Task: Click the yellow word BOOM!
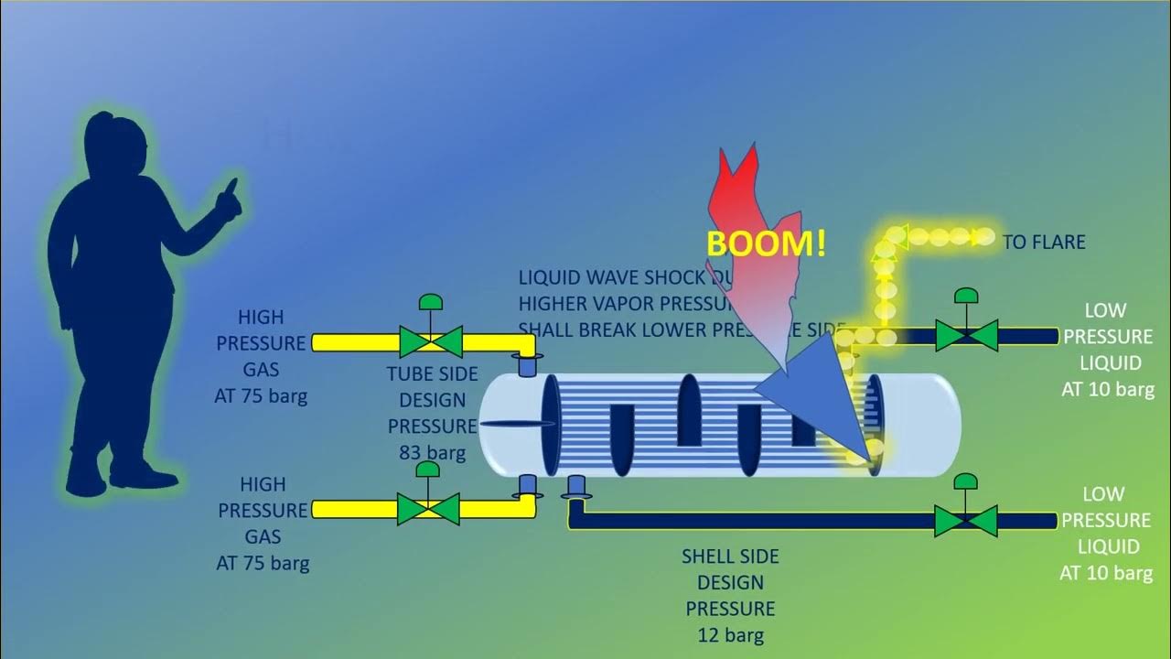[767, 243]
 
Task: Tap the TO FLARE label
[1044, 243]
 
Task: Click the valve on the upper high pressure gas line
[430, 341]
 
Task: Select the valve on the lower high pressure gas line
[428, 509]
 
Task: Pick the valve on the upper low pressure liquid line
[965, 336]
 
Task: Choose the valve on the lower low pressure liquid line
[965, 521]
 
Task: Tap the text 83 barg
[433, 452]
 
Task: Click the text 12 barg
[730, 635]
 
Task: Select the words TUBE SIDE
[433, 373]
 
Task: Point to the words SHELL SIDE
[730, 556]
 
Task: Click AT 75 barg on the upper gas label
[261, 396]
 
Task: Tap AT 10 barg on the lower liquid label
[1105, 573]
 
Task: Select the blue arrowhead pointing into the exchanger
[805, 375]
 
